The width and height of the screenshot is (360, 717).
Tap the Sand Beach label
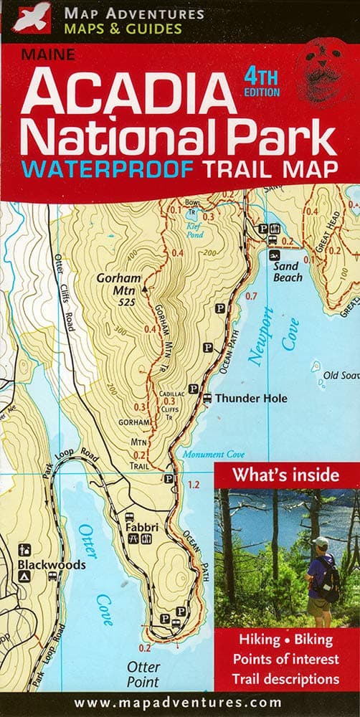pyautogui.click(x=288, y=272)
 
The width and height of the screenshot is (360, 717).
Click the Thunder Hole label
pyautogui.click(x=251, y=399)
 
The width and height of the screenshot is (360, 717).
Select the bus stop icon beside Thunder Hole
pyautogui.click(x=207, y=399)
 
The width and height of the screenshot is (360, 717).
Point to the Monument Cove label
pyautogui.click(x=213, y=455)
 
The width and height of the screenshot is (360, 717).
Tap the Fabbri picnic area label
pyautogui.click(x=141, y=528)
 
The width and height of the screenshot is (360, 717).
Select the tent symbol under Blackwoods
pyautogui.click(x=24, y=576)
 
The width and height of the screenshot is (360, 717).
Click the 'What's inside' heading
pyautogui.click(x=285, y=475)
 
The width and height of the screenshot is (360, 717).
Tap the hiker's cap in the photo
pyautogui.click(x=321, y=542)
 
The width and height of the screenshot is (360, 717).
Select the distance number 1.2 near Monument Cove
pyautogui.click(x=192, y=485)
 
